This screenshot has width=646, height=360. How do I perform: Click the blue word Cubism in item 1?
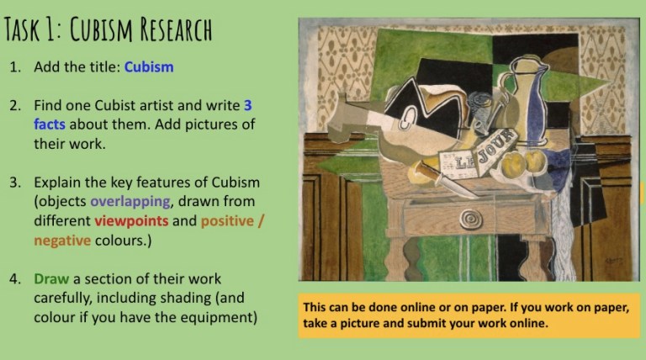click(x=149, y=66)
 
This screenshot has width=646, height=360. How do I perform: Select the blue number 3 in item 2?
click(x=247, y=106)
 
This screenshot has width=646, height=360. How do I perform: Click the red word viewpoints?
click(x=131, y=220)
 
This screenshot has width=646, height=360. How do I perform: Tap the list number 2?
click(x=15, y=106)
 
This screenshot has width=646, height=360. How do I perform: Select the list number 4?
click(x=15, y=278)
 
